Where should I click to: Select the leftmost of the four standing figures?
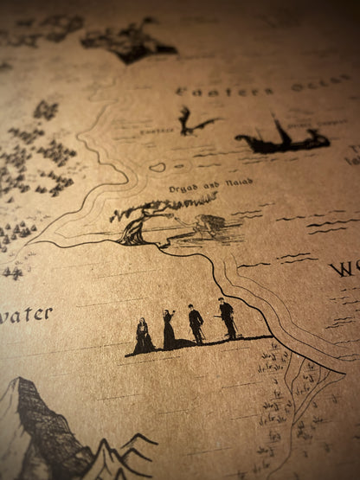[x=143, y=336]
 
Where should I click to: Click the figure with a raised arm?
[x=169, y=330]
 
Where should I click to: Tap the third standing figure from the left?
[x=196, y=324]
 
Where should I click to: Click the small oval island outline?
[x=157, y=167]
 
